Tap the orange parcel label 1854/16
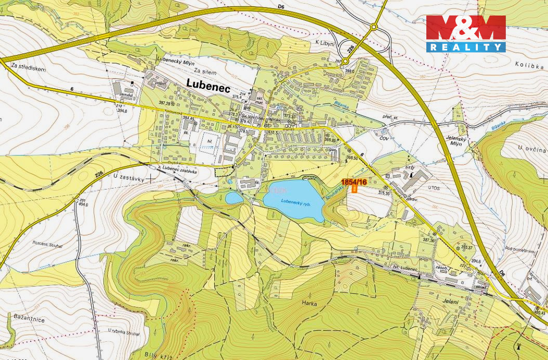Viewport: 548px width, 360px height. click(x=355, y=182)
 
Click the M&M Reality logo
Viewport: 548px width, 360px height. click(x=465, y=34)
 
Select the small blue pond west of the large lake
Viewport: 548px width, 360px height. click(x=234, y=198)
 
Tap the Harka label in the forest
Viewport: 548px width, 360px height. click(x=308, y=303)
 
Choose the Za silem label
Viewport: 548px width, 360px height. click(x=204, y=70)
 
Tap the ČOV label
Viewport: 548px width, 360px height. click(x=384, y=139)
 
